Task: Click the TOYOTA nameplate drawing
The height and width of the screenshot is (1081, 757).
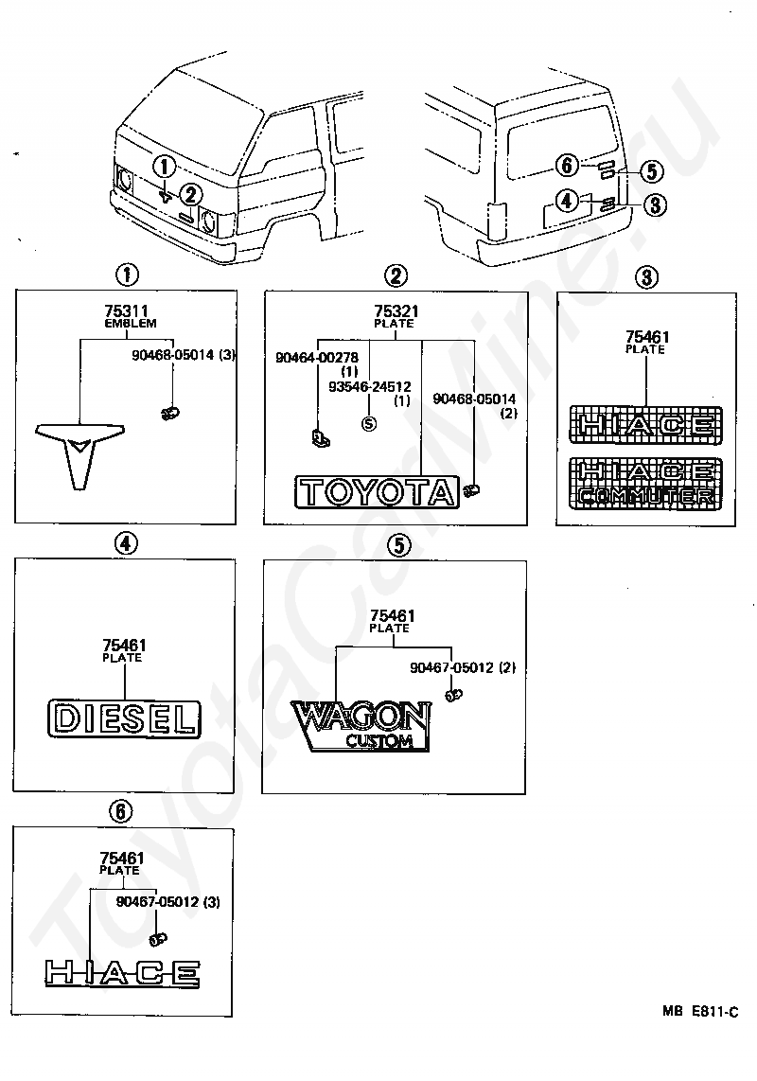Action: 378,492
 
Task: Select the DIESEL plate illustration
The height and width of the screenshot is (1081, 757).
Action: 124,719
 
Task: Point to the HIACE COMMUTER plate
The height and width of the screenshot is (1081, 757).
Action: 646,484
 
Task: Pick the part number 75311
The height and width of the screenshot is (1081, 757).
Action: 126,311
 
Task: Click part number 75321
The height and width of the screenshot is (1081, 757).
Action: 396,311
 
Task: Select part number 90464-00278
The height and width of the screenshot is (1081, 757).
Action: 316,358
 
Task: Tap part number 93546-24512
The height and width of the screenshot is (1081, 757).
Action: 370,387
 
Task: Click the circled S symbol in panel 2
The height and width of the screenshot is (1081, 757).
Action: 370,423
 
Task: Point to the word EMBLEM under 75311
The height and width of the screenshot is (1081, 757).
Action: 131,324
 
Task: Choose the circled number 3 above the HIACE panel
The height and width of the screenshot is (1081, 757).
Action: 646,277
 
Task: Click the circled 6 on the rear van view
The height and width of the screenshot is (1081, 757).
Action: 567,165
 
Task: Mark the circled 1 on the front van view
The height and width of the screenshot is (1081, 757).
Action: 164,167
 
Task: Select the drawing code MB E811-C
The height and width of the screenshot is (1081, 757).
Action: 700,1011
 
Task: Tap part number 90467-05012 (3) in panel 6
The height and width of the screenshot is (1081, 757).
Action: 168,902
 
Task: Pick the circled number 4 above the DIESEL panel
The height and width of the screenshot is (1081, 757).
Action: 125,544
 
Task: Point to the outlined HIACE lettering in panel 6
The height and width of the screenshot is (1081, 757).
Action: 122,973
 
